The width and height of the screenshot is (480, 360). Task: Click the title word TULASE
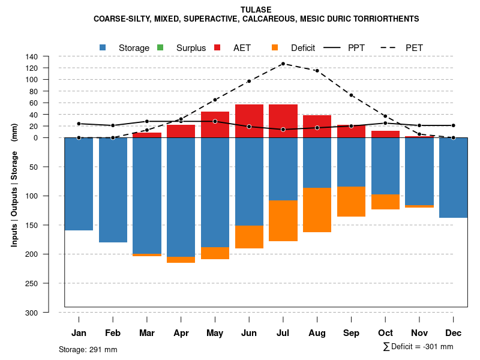coord(256,10)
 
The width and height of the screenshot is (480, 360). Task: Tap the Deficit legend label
coord(303,47)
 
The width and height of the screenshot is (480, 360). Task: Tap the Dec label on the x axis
coord(453,333)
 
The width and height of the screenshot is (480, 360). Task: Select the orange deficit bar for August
coord(317,210)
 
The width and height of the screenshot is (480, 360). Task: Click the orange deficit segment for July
coord(283,221)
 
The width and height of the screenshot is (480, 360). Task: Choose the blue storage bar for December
coord(453,178)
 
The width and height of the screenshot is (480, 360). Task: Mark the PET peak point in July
coord(283,64)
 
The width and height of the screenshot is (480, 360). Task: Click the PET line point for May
coord(215,100)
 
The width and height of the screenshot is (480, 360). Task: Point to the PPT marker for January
coord(79,124)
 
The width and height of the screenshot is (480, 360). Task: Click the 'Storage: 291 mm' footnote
coord(88,349)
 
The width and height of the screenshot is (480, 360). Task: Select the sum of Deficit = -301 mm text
coord(418,347)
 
